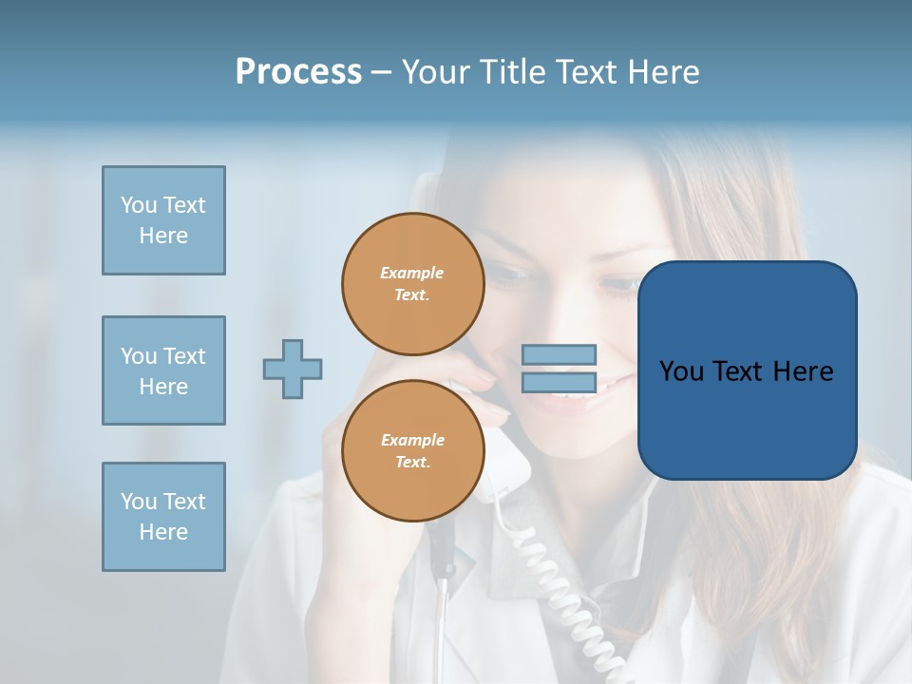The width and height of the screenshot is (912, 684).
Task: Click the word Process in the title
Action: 298,71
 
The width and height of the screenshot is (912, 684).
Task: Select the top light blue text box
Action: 163,220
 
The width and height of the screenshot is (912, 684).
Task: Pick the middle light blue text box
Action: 163,370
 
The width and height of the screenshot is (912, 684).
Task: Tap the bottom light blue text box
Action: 163,517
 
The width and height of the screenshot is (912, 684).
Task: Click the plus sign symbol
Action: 293,369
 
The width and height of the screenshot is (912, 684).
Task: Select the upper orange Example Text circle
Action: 412,284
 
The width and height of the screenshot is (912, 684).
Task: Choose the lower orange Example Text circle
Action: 412,451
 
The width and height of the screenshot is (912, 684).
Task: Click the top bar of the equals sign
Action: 559,354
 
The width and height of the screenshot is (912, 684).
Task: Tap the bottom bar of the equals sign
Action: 559,383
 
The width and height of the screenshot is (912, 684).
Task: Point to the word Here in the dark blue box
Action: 803,371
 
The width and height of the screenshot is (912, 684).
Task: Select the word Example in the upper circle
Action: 412,273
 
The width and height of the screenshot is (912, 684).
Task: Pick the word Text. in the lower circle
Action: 412,462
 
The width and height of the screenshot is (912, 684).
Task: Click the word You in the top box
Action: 139,205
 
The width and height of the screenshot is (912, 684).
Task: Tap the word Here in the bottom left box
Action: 163,532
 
